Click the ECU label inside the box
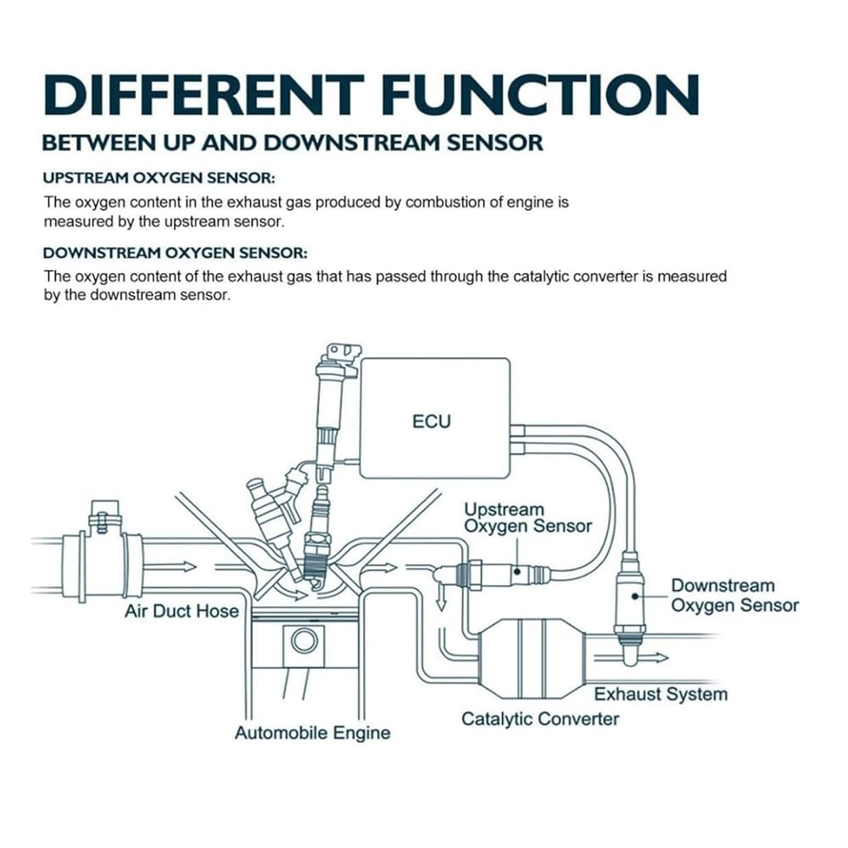point(431,421)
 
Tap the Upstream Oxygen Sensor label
point(527,517)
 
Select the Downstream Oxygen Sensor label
point(734,595)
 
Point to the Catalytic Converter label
point(539,719)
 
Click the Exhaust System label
point(661,694)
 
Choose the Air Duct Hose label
point(181,611)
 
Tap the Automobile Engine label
point(313,733)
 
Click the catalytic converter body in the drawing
point(533,659)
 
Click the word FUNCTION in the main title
point(541,95)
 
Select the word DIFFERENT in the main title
point(204,95)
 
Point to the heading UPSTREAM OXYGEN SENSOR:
point(159,178)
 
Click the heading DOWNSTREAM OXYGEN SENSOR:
point(176,253)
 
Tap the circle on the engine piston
point(304,641)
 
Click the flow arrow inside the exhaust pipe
point(631,658)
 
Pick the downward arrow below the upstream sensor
point(441,595)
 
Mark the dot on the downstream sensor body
point(634,596)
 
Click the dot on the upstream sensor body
point(517,571)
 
